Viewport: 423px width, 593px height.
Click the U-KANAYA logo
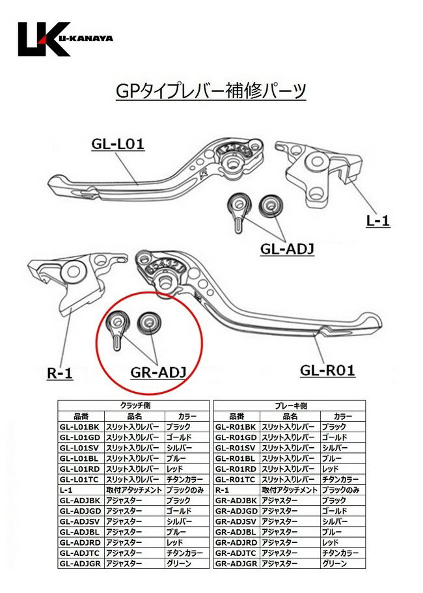pos(64,38)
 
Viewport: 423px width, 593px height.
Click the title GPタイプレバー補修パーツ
pos(210,90)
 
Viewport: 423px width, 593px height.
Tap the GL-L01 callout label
pos(117,144)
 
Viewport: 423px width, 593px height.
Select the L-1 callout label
pos(377,221)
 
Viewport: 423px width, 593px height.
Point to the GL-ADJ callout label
pos(287,249)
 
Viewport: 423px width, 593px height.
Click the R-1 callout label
pos(60,374)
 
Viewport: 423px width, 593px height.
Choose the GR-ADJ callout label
pos(154,372)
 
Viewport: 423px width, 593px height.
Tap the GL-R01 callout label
pos(327,370)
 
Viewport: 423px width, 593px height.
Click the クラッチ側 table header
pos(133,405)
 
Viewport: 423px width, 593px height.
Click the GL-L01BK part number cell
pos(79,426)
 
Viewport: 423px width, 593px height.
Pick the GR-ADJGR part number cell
pos(236,563)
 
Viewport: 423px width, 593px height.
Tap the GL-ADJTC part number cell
pos(80,553)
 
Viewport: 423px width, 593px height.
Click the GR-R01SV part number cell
pos(236,448)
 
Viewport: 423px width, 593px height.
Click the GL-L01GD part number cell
pos(80,437)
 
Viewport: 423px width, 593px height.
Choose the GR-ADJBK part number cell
pos(236,500)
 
